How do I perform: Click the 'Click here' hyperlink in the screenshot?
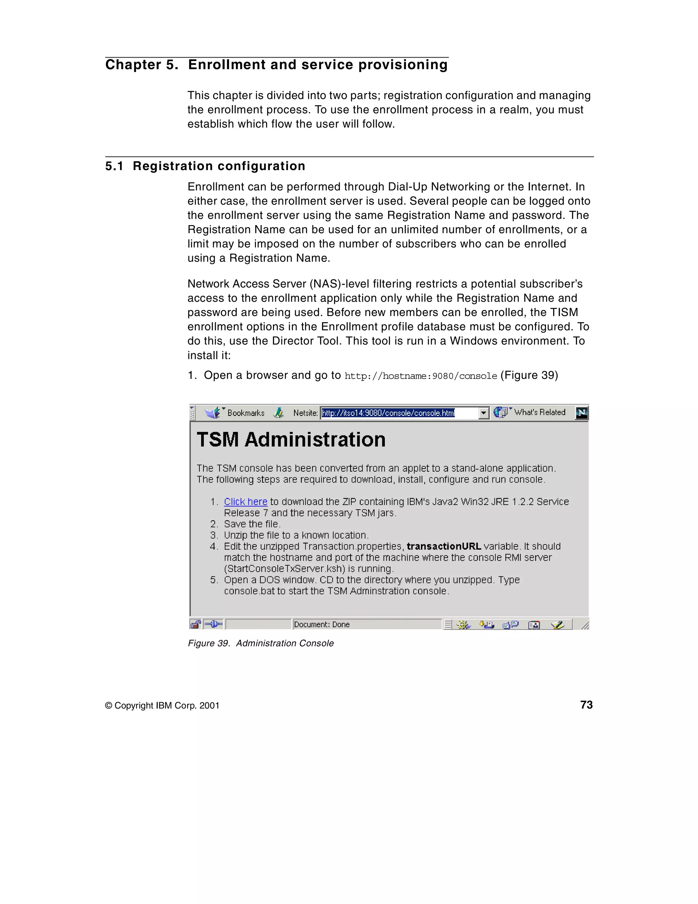245,502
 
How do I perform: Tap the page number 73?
586,705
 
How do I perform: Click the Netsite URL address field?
399,413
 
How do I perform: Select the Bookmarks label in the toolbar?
246,413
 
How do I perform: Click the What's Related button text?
540,412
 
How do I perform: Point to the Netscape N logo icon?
581,413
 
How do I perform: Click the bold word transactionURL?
443,546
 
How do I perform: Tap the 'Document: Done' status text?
321,624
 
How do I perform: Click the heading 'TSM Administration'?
291,440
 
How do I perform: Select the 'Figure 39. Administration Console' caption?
261,643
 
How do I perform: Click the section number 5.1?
114,166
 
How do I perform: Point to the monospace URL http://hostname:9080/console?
420,376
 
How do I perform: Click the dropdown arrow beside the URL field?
483,413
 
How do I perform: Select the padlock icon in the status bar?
195,624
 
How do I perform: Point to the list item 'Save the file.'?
252,524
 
